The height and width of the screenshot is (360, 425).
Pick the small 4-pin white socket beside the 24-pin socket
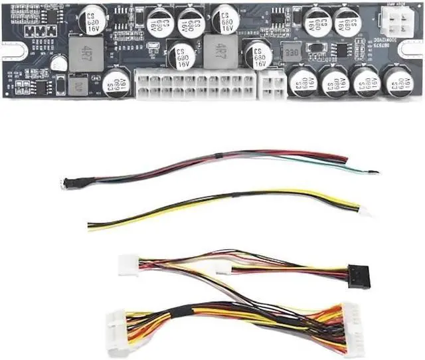pyautogui.click(x=272, y=86)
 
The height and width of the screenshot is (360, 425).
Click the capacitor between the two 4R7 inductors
pyautogui.click(x=181, y=57)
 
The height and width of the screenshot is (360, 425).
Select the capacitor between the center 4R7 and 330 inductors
pyautogui.click(x=258, y=54)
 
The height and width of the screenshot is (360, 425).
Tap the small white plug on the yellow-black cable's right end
pyautogui.click(x=365, y=212)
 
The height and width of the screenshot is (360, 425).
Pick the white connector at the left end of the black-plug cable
pyautogui.click(x=127, y=265)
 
